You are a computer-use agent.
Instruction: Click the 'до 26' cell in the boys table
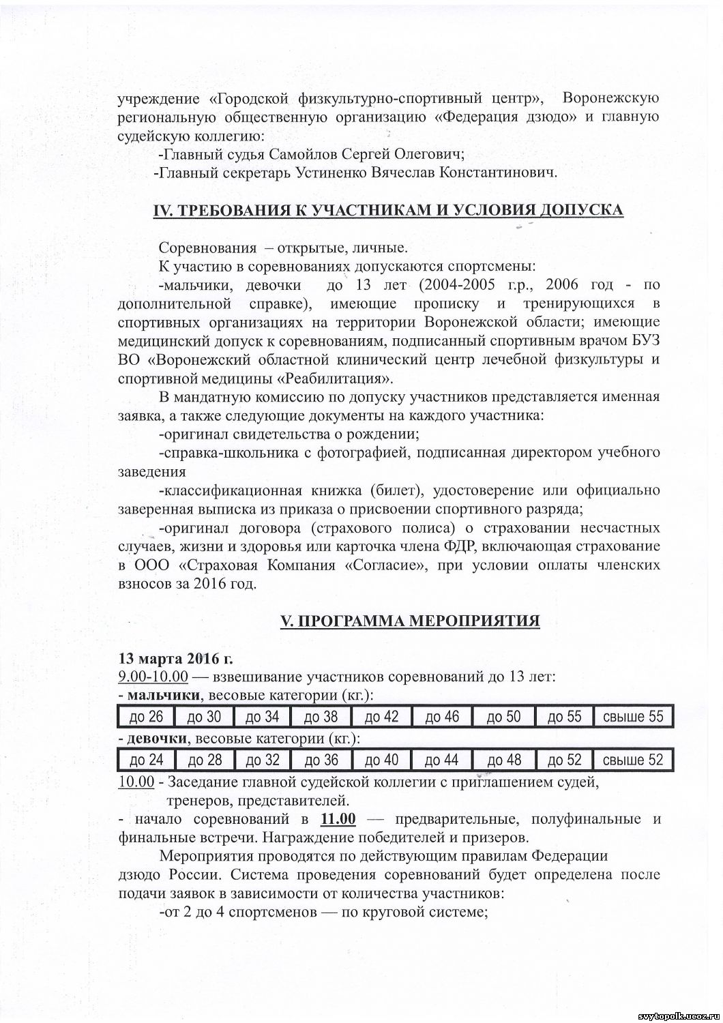coord(146,716)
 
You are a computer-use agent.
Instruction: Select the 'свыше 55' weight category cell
coord(633,716)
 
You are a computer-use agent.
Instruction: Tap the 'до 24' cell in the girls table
coord(146,760)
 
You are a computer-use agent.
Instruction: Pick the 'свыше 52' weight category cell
coord(633,760)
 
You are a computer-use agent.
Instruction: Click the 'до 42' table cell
coord(382,716)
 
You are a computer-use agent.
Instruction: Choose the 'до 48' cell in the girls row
coord(505,760)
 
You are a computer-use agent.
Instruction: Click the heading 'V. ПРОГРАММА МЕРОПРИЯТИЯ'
coord(411,621)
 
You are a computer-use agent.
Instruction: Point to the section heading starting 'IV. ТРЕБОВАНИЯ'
coord(387,209)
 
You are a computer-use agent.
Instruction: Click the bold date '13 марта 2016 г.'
coord(175,659)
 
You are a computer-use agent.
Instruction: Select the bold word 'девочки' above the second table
coord(161,739)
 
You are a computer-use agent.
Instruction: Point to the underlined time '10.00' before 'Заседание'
coord(136,782)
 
